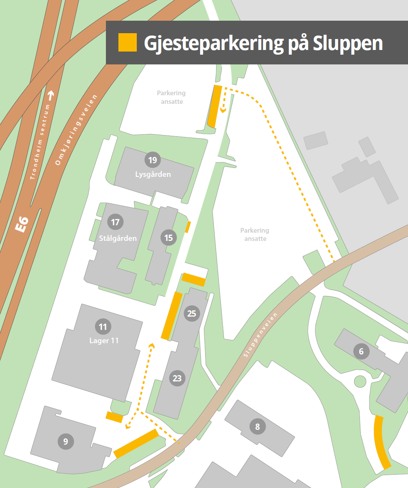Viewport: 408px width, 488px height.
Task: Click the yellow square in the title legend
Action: click(127, 43)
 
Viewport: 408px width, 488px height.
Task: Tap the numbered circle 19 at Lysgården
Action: click(152, 160)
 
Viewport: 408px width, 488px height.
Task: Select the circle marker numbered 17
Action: click(115, 222)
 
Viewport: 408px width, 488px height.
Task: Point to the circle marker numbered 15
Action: click(168, 238)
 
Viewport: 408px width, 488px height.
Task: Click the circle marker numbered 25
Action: click(191, 313)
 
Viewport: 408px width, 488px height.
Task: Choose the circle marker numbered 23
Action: click(177, 378)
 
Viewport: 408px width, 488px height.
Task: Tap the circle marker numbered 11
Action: click(103, 326)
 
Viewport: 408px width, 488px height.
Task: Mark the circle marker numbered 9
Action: click(66, 442)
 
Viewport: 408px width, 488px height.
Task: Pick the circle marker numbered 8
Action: click(258, 427)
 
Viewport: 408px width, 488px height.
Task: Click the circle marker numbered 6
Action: click(361, 351)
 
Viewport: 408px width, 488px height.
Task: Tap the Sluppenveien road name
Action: click(260, 335)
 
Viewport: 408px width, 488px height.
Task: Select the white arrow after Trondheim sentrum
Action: click(50, 94)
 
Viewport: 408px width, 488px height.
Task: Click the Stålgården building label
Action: click(118, 238)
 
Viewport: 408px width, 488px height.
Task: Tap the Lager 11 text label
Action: click(104, 341)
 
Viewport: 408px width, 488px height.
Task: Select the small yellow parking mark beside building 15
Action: click(188, 227)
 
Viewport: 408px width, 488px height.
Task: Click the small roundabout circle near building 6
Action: click(360, 381)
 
